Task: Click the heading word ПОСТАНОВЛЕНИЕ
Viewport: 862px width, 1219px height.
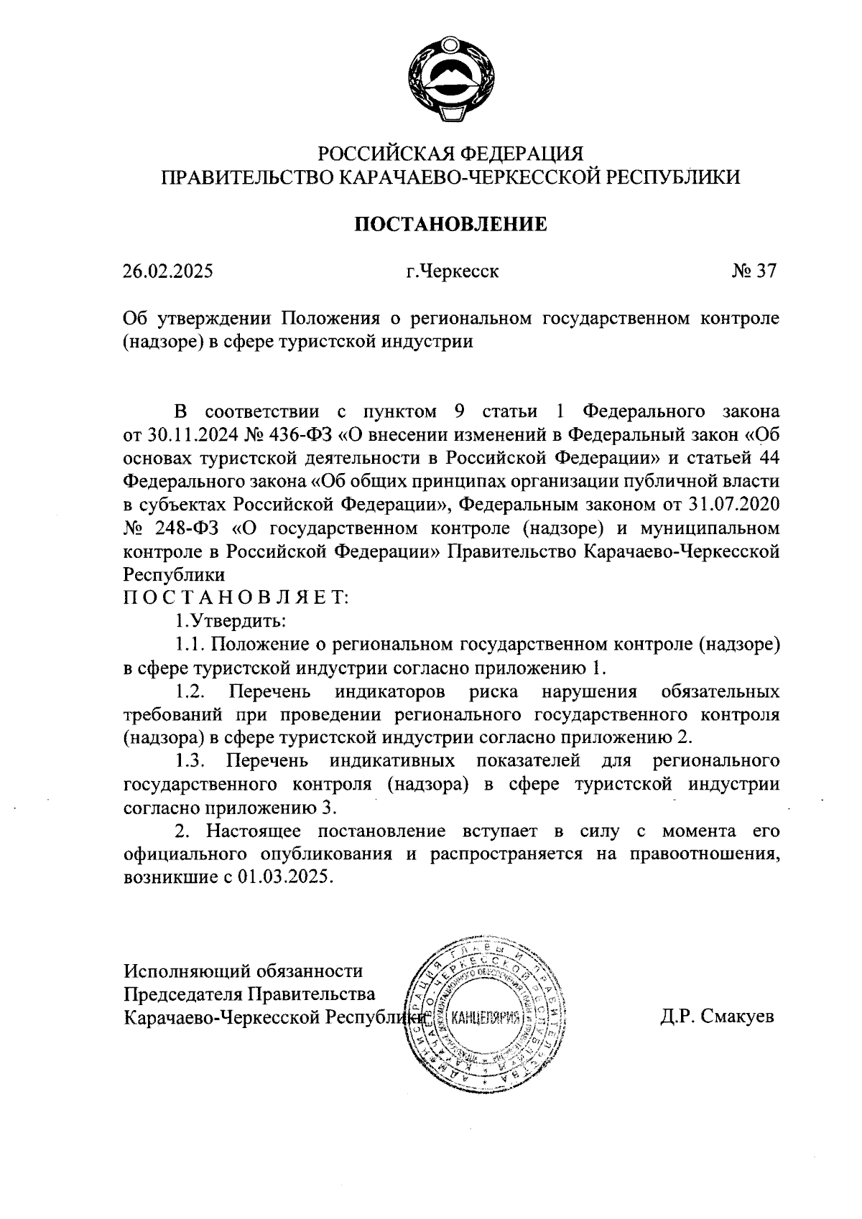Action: (451, 224)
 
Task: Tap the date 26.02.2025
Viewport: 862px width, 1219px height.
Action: (167, 272)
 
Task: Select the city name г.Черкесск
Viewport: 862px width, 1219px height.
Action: (451, 272)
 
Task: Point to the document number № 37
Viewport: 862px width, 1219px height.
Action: (754, 272)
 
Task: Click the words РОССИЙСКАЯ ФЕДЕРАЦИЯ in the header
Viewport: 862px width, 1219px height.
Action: (451, 154)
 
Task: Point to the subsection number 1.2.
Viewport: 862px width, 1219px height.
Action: (192, 691)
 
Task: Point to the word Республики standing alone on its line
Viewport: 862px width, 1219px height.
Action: (175, 575)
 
